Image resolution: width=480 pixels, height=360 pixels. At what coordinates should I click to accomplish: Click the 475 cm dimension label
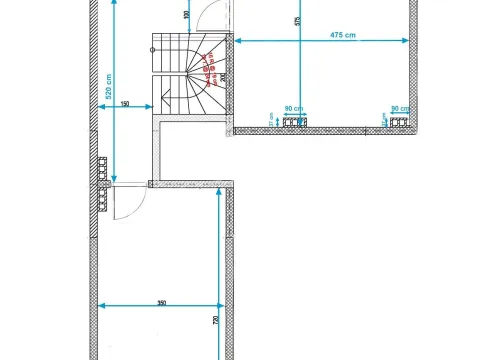(342, 35)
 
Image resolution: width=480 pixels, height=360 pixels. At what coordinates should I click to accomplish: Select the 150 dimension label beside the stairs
(125, 104)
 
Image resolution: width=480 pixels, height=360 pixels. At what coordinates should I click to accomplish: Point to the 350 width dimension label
(161, 301)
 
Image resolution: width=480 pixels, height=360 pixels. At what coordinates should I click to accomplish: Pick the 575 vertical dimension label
(296, 20)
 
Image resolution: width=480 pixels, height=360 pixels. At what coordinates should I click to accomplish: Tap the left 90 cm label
(294, 108)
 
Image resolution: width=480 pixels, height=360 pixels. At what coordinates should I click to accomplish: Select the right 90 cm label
(400, 108)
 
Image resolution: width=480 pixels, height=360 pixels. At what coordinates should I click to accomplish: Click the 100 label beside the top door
(187, 16)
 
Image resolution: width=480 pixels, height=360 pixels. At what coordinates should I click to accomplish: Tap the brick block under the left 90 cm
(294, 122)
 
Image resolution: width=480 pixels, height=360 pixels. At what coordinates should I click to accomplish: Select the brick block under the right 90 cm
(400, 122)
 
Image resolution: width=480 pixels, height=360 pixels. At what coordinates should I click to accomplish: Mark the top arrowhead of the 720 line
(220, 195)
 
